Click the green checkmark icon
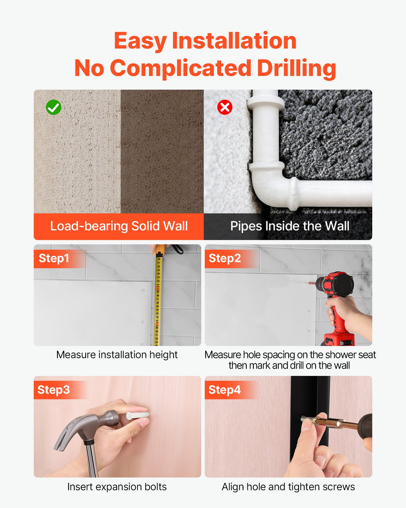(54, 107)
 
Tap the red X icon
(224, 107)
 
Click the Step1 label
(54, 258)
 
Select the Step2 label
(224, 258)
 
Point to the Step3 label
(54, 390)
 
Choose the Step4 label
(224, 390)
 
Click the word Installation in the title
(234, 41)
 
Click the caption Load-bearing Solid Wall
(119, 226)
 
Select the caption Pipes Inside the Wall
(290, 226)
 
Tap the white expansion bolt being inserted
(138, 416)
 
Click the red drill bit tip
(312, 283)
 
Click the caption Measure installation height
(117, 355)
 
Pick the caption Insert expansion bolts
(117, 487)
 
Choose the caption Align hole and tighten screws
(288, 487)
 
